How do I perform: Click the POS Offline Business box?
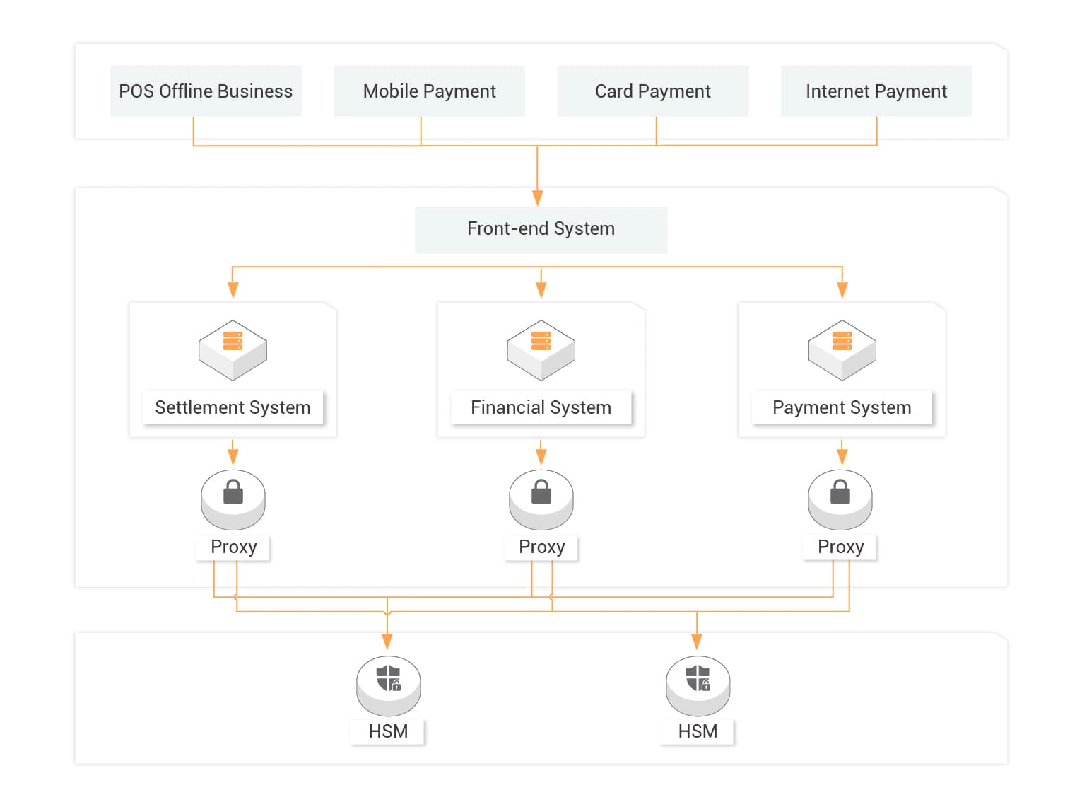[206, 91]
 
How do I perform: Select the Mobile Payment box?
[429, 91]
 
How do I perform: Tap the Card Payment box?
[652, 91]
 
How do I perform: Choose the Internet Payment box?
[876, 91]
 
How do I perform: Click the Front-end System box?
[541, 229]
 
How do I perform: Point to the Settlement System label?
[233, 407]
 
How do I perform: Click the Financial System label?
[541, 407]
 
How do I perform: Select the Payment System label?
[842, 407]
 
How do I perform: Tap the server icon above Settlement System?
[233, 349]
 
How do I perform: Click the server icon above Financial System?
[541, 349]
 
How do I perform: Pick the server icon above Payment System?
[842, 349]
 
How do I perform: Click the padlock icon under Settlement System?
[233, 492]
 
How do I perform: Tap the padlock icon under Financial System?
[541, 492]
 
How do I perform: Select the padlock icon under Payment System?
[840, 492]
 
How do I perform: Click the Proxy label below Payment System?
[840, 547]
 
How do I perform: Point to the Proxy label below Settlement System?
[233, 547]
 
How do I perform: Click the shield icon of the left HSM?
[388, 678]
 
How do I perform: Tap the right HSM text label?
[698, 731]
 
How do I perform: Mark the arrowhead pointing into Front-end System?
[538, 197]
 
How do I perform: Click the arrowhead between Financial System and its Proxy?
[541, 456]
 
